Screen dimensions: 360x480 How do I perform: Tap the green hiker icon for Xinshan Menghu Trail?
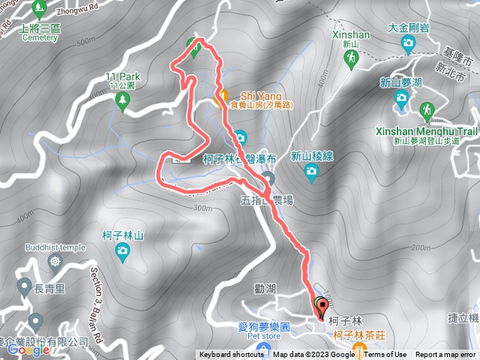tap(427, 109)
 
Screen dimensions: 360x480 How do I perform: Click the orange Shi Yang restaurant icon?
tap(222, 97)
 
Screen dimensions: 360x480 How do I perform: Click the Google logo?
tap(28, 349)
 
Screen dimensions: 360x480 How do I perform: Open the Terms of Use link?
tap(385, 355)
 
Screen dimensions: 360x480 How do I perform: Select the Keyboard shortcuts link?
tap(231, 355)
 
